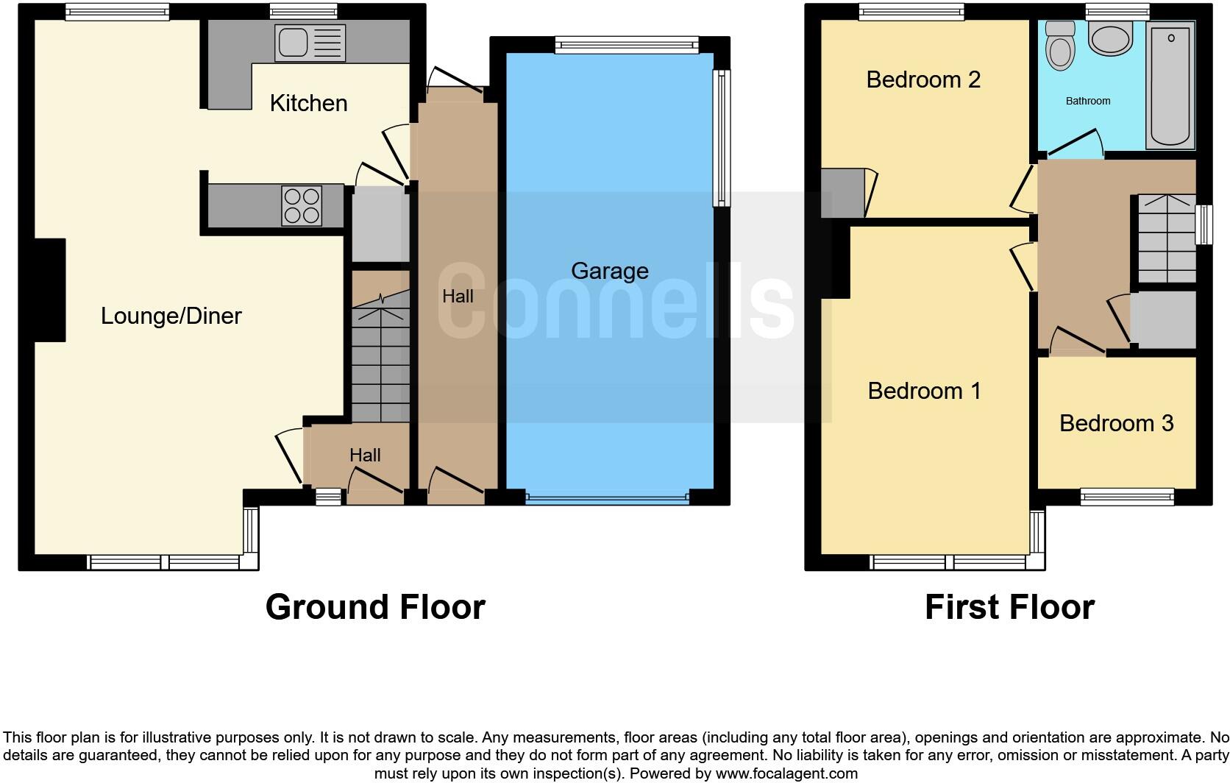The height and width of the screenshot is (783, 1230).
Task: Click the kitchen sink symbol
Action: tap(309, 42)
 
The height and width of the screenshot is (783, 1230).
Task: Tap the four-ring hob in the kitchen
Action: tap(302, 205)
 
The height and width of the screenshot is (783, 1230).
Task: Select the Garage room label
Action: tap(609, 271)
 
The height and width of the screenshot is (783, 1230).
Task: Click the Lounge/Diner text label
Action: tap(171, 316)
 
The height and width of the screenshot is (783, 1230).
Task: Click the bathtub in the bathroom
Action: tap(1170, 85)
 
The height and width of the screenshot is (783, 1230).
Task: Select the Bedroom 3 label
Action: tap(1116, 423)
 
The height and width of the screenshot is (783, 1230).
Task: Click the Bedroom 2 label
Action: tap(923, 79)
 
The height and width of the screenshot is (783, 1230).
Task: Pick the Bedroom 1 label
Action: tap(924, 391)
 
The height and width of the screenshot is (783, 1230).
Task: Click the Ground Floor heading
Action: tap(375, 607)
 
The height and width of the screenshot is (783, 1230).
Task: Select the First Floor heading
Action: tap(1009, 607)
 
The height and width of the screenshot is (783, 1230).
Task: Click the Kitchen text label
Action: tap(308, 103)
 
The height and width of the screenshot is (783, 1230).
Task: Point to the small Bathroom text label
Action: tap(1088, 101)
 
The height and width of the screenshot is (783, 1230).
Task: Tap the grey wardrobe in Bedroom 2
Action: tap(842, 193)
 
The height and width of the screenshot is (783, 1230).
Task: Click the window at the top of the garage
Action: tap(626, 46)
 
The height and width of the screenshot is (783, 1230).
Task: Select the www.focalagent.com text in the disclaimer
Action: tap(786, 773)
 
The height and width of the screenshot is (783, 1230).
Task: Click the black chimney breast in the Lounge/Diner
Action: tap(49, 290)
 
